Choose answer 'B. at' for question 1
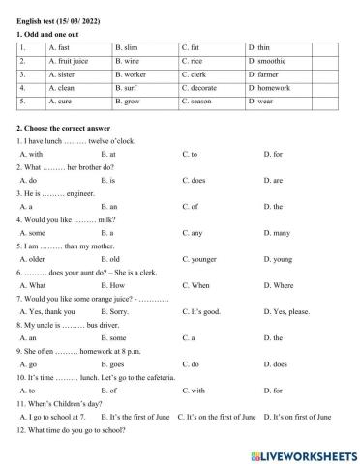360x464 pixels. pyautogui.click(x=108, y=154)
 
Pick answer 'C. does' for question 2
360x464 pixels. pyautogui.click(x=194, y=180)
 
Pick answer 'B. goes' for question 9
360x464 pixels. pyautogui.click(x=111, y=364)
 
